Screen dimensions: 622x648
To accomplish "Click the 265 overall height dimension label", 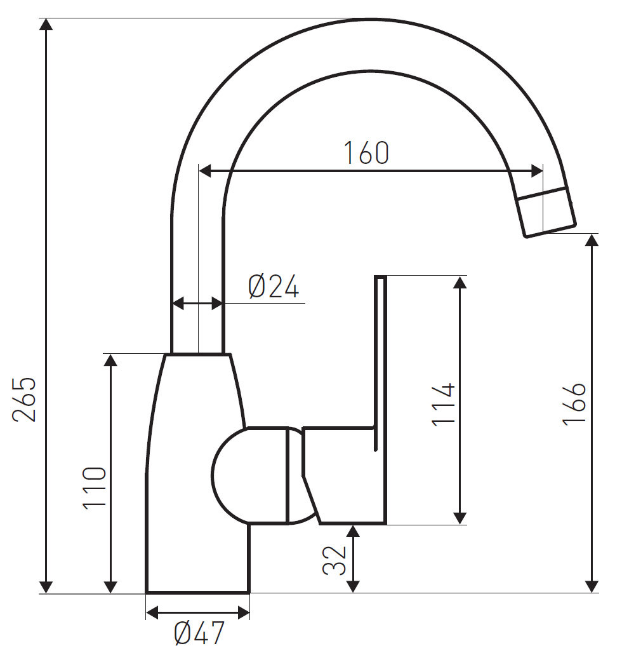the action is coord(24,399).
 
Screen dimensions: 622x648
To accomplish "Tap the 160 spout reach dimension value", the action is coord(366,153).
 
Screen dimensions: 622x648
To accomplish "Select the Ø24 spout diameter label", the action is coord(273,287).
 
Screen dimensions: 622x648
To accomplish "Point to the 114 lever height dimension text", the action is coord(443,404).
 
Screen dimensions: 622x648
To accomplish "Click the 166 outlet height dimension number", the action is coord(574,403).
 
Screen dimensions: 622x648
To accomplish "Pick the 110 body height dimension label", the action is coord(94,488).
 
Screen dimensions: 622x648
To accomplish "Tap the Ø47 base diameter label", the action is coord(199,633).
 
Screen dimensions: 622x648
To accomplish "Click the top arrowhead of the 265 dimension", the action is coord(46,25).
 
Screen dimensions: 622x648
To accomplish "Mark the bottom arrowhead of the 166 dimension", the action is coord(592,586).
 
